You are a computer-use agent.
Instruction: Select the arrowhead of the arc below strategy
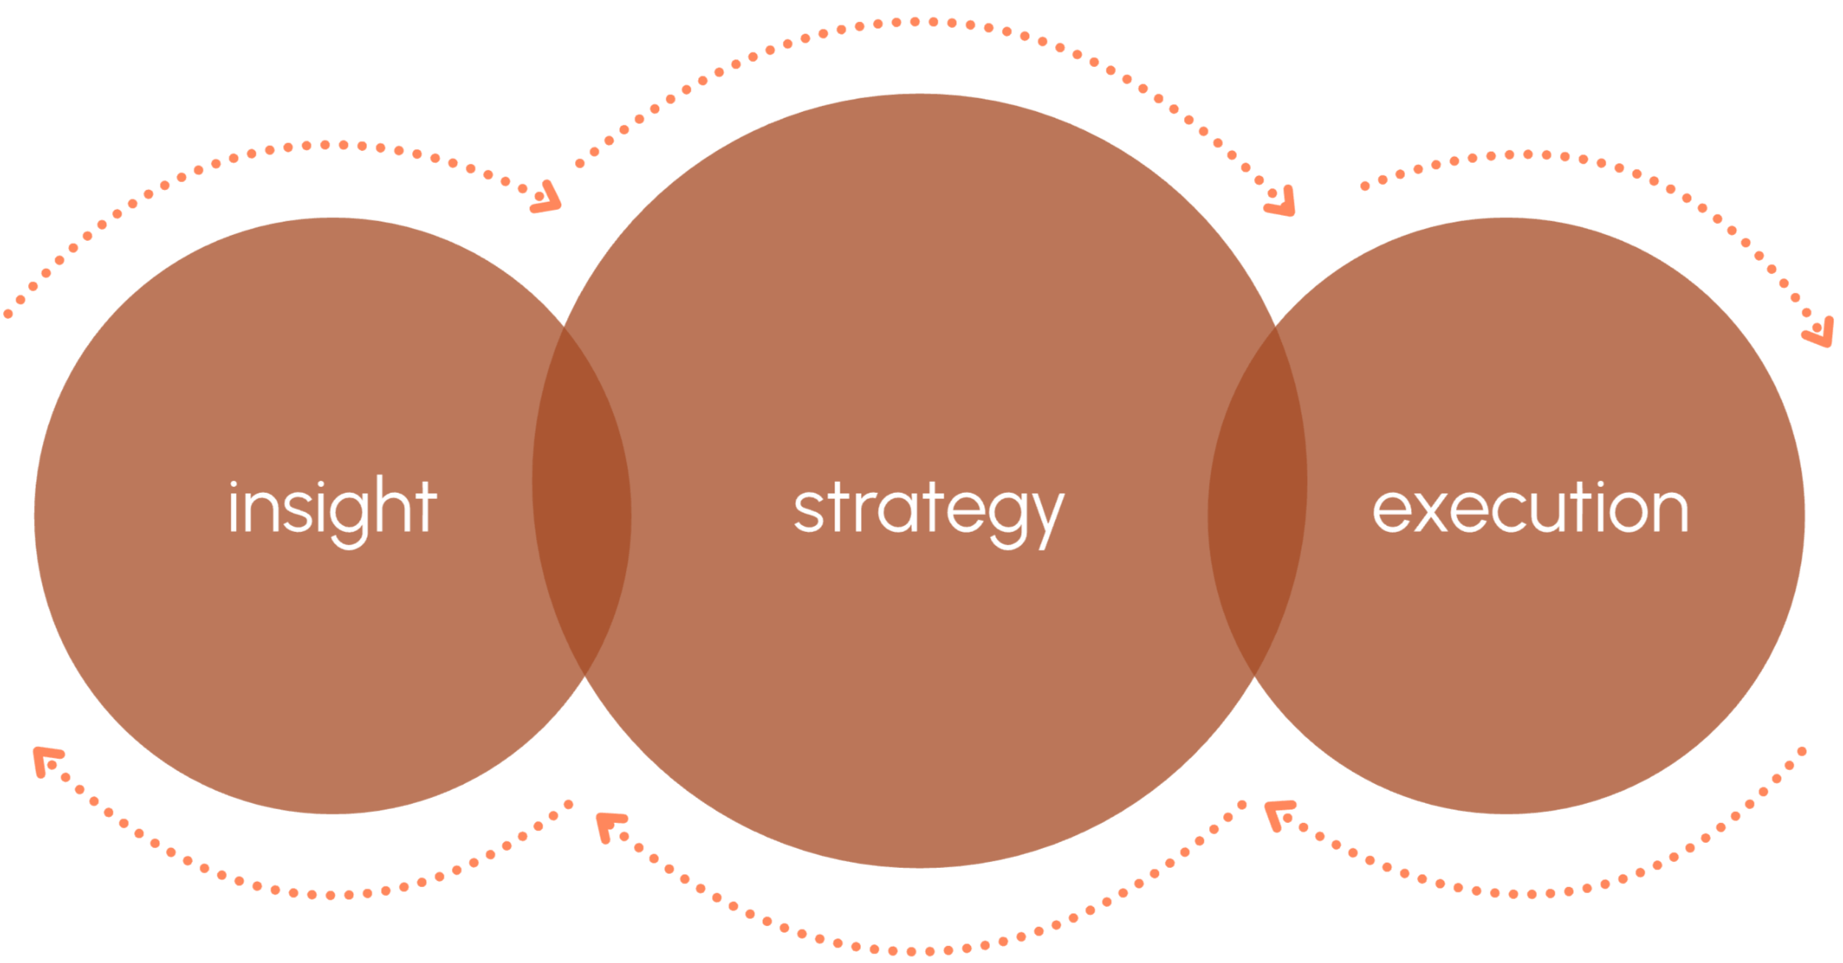610,825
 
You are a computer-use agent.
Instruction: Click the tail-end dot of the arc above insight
9,315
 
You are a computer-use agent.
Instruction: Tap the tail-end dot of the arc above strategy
579,164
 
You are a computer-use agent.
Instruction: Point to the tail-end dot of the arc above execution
1365,186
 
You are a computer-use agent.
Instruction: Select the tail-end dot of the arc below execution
1802,752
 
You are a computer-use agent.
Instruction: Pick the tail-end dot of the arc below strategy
1241,805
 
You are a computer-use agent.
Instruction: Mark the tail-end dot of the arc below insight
568,804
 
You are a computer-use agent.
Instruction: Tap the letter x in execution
1429,510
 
